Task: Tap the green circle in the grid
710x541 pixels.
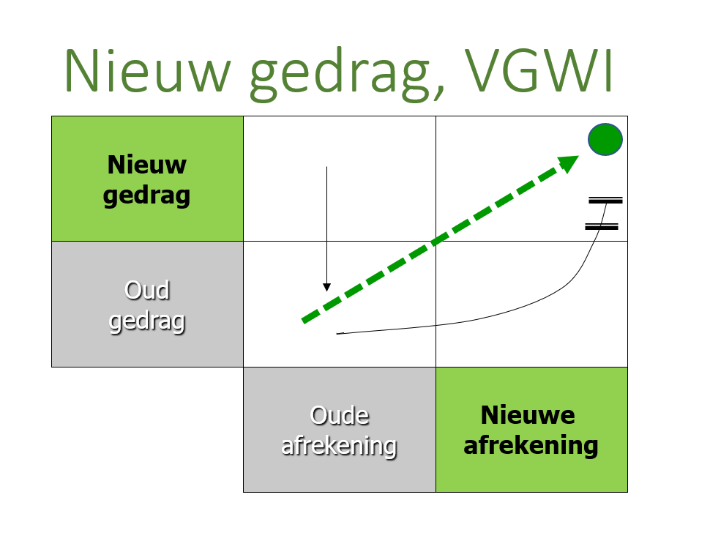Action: (605, 139)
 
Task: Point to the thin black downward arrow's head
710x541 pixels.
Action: (326, 287)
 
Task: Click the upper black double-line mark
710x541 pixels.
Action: (605, 199)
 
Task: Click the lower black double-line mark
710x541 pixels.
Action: (602, 226)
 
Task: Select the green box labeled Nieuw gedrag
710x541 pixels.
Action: (147, 179)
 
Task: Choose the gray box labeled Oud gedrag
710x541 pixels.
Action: (147, 304)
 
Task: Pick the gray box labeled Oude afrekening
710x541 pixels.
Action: (339, 430)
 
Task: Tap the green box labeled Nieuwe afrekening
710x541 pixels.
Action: (531, 430)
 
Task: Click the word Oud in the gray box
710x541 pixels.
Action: (147, 290)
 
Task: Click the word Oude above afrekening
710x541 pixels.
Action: (340, 416)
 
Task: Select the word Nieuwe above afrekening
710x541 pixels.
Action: (527, 416)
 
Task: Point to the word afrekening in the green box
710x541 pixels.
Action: (531, 445)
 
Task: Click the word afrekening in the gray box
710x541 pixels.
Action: (339, 445)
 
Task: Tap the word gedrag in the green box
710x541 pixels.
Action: (146, 195)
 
